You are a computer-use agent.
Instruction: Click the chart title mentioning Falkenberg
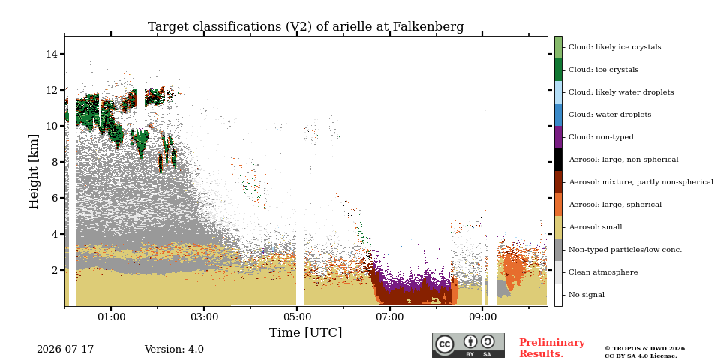[305, 27]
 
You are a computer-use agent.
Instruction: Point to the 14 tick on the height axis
[52, 54]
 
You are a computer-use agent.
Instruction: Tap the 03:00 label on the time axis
[204, 316]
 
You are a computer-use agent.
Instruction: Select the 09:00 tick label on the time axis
[482, 316]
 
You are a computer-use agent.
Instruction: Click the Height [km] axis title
[34, 172]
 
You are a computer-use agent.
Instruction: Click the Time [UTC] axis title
[305, 332]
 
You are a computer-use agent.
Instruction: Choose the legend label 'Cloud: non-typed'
[601, 137]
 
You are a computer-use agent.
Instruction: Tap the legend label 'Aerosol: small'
[595, 227]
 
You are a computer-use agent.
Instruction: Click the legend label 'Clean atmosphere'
[603, 272]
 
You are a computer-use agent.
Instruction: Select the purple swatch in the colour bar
[558, 137]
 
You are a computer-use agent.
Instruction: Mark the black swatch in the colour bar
[558, 160]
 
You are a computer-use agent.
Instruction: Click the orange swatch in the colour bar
[558, 205]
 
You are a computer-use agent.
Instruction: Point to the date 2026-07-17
[65, 349]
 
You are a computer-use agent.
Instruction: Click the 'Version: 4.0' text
[174, 349]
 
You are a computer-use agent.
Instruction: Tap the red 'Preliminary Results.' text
[552, 348]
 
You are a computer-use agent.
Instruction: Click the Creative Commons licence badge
[468, 345]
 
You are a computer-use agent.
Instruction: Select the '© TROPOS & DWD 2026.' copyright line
[646, 349]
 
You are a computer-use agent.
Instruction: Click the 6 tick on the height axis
[54, 198]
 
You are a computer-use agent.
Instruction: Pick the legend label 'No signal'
[586, 295]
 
